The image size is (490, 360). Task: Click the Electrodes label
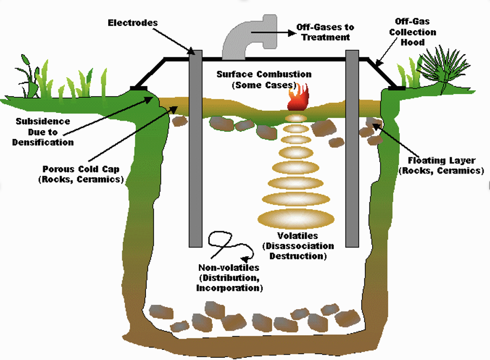click(133, 23)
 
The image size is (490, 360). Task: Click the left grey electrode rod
click(195, 146)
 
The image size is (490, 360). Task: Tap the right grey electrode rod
click(352, 146)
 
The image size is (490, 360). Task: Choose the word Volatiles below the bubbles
click(297, 236)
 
